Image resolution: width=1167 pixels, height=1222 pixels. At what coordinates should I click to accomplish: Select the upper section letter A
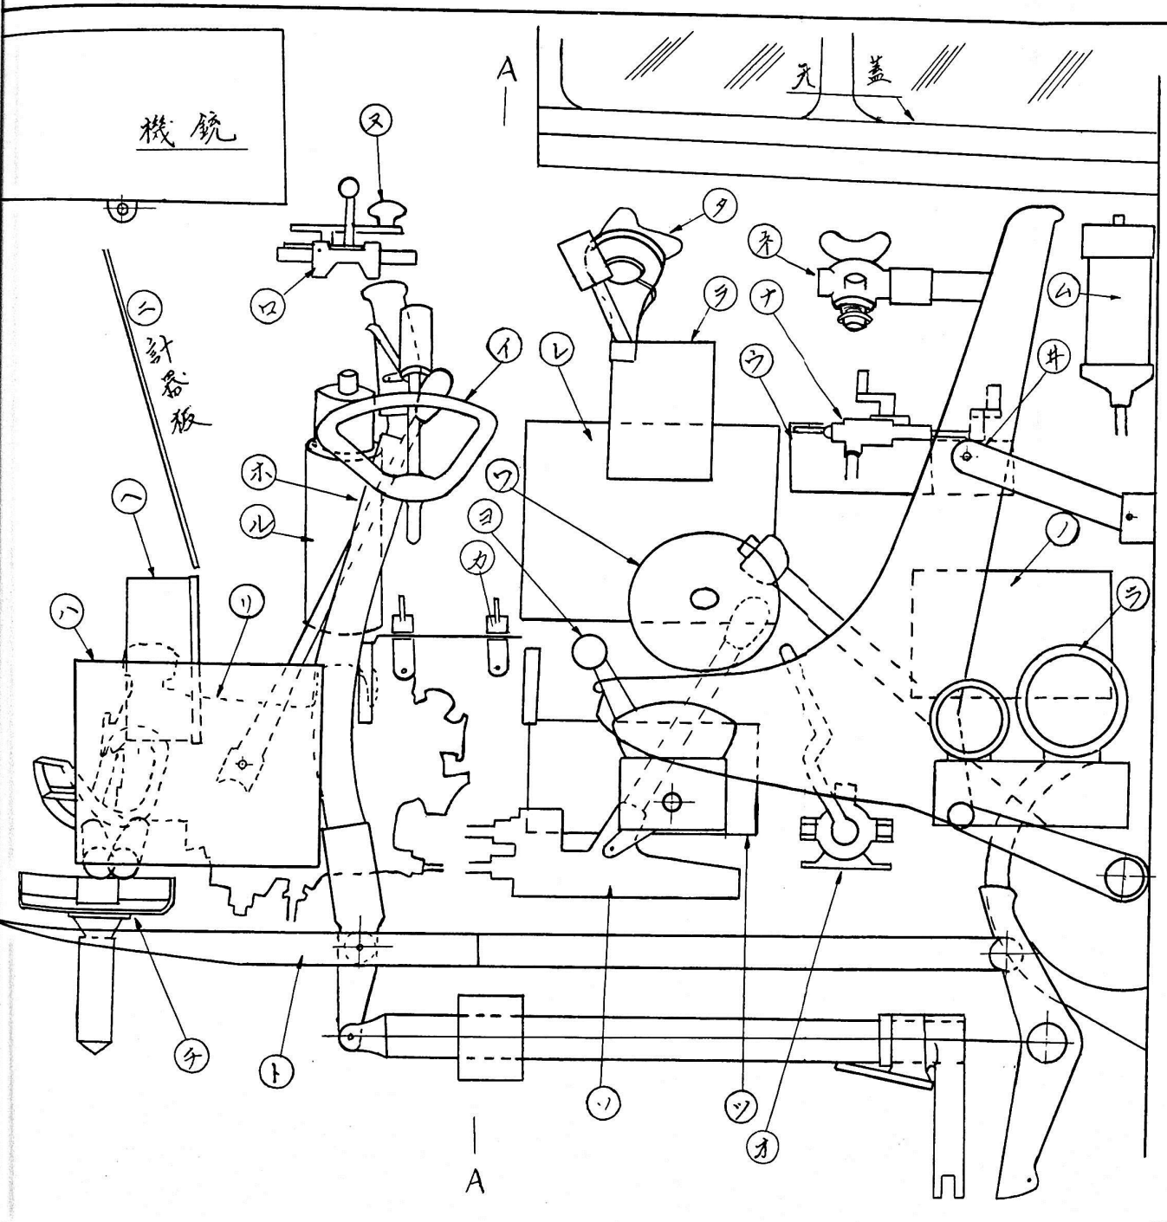tap(506, 70)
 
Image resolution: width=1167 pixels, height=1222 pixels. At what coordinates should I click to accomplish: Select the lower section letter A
tap(474, 1181)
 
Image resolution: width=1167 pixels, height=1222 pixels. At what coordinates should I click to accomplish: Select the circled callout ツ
tap(745, 1106)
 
